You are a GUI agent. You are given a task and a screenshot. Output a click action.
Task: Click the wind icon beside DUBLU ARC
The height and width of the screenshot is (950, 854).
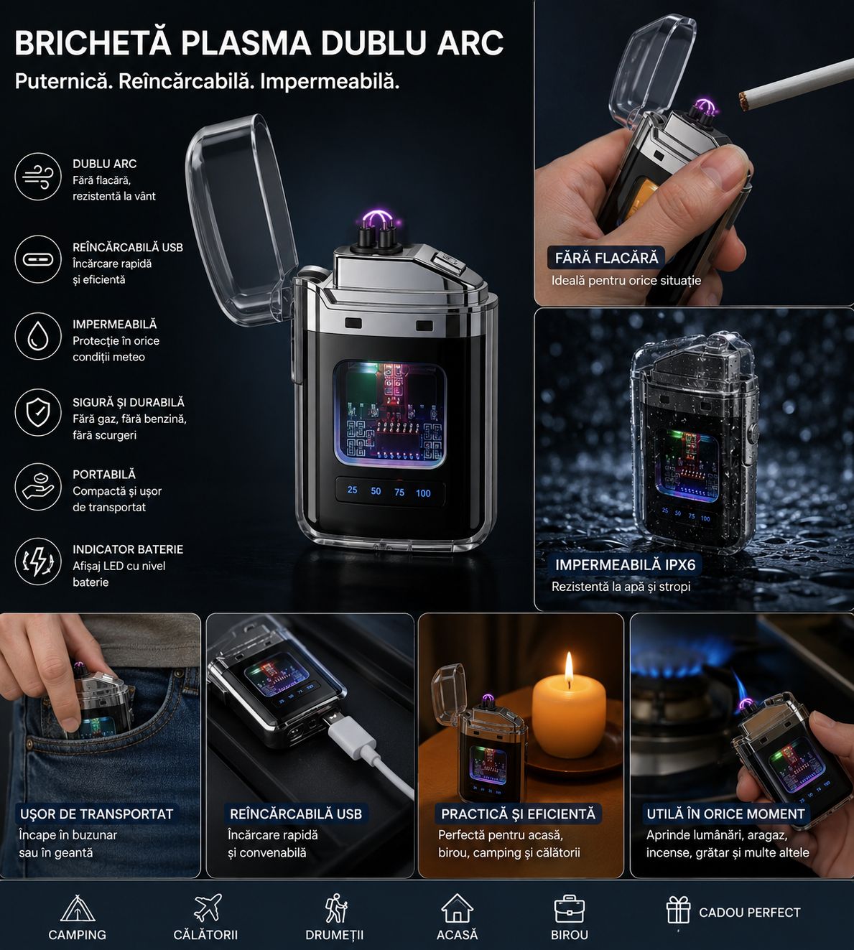pyautogui.click(x=38, y=177)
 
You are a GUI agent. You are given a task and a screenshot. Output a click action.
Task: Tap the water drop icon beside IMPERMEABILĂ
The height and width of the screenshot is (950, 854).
pyautogui.click(x=38, y=336)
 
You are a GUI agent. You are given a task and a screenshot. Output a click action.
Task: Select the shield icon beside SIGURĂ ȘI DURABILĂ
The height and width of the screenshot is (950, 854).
pyautogui.click(x=38, y=412)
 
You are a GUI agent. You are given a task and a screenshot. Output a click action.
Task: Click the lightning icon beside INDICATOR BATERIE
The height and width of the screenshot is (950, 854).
pyautogui.click(x=38, y=562)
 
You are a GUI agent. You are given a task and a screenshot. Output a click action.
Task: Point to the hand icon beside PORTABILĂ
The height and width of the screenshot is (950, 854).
pyautogui.click(x=38, y=486)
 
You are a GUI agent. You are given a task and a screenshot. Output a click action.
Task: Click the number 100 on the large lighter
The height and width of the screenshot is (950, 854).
pyautogui.click(x=423, y=493)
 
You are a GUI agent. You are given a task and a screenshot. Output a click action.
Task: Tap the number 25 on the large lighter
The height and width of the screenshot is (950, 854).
pyautogui.click(x=352, y=490)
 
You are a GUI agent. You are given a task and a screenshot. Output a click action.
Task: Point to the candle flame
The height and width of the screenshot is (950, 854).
pyautogui.click(x=569, y=669)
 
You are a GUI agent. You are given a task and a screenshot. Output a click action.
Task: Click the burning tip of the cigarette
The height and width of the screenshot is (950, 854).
pyautogui.click(x=743, y=102)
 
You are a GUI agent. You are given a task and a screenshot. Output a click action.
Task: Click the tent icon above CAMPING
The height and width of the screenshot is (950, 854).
pyautogui.click(x=78, y=908)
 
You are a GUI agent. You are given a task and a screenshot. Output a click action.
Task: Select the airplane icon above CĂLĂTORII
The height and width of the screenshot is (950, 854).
pyautogui.click(x=208, y=908)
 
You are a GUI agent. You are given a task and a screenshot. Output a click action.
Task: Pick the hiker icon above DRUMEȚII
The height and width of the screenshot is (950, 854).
pyautogui.click(x=336, y=908)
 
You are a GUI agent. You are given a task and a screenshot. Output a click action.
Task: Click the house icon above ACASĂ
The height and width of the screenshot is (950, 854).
pyautogui.click(x=457, y=908)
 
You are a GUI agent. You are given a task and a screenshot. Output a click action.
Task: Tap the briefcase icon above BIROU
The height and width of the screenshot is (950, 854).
pyautogui.click(x=569, y=909)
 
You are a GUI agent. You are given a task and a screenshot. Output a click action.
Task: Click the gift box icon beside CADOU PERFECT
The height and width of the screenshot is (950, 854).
pyautogui.click(x=678, y=910)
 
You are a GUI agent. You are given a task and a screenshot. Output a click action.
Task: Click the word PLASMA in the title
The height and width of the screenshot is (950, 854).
pyautogui.click(x=246, y=42)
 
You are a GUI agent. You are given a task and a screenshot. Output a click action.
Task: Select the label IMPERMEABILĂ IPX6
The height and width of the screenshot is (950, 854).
pyautogui.click(x=625, y=564)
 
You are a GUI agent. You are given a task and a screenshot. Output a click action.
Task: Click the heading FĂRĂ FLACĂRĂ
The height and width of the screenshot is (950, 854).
pyautogui.click(x=607, y=258)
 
